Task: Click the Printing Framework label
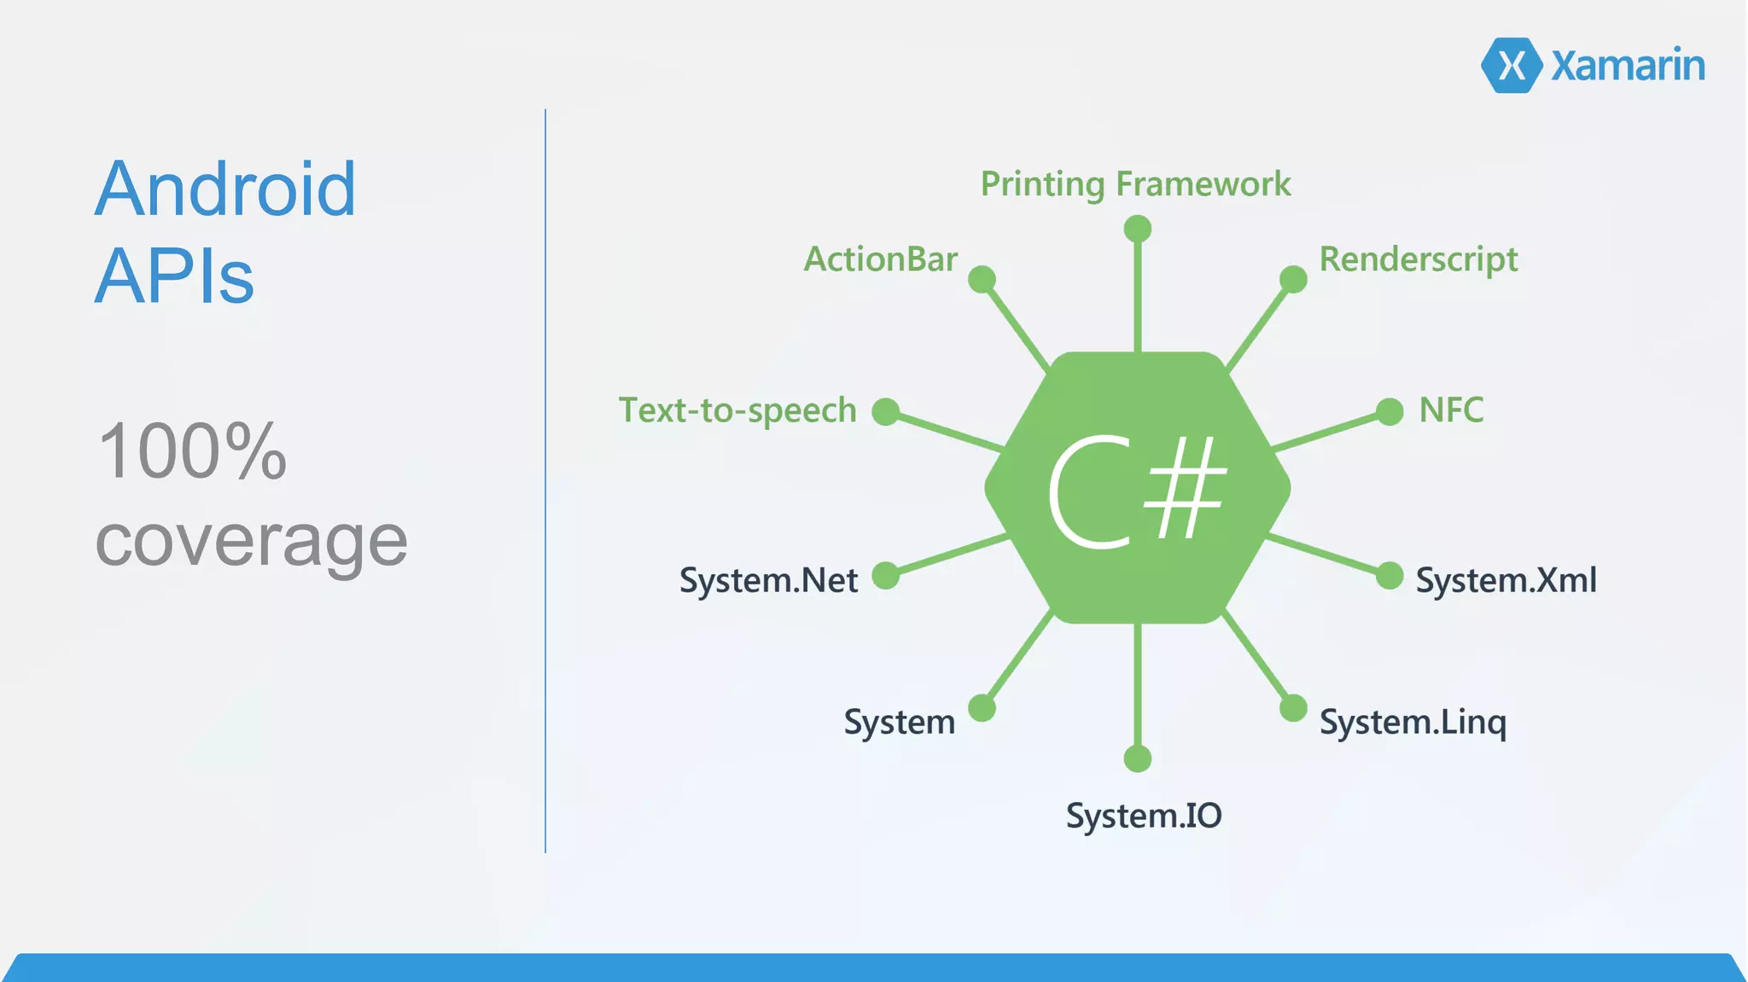[x=1135, y=184]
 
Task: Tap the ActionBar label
[x=881, y=259]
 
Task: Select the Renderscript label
[x=1419, y=259]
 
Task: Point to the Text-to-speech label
[x=737, y=410]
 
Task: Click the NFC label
[x=1451, y=410]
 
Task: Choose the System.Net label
[x=768, y=580]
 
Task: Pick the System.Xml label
[x=1506, y=580]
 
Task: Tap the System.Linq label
[x=1413, y=723]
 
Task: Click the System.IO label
[x=1144, y=816]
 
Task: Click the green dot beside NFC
[x=1390, y=411]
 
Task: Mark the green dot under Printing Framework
[x=1138, y=229]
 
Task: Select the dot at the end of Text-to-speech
[x=886, y=411]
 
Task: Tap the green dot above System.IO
[x=1138, y=758]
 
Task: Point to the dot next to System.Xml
[x=1390, y=576]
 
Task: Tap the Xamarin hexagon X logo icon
[x=1512, y=66]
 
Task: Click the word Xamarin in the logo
[x=1628, y=66]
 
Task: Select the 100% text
[x=192, y=451]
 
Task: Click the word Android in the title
[x=225, y=189]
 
